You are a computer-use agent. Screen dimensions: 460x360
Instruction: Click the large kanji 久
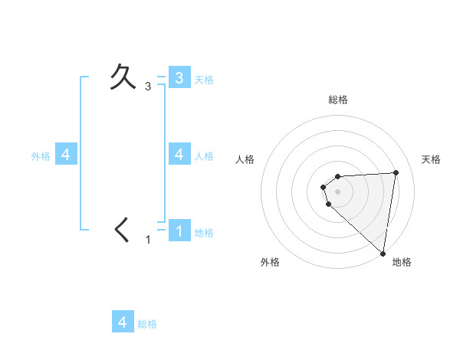click(x=123, y=77)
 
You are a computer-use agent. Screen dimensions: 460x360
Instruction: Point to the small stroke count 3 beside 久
click(x=148, y=87)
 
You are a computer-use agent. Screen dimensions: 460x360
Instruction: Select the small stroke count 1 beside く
click(x=149, y=240)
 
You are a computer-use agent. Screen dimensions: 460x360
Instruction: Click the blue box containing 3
click(x=179, y=77)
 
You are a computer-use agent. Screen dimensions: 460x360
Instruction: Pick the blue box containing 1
click(x=179, y=231)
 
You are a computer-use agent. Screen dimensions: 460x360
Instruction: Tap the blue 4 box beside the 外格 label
click(x=65, y=154)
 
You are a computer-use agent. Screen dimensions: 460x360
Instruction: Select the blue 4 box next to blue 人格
click(x=179, y=154)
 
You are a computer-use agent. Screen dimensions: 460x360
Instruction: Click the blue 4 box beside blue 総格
click(x=123, y=322)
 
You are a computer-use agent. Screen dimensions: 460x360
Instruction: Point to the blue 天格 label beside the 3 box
click(x=204, y=79)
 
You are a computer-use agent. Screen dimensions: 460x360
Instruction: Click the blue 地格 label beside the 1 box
click(x=204, y=233)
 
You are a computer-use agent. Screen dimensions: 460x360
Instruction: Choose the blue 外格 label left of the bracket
click(x=41, y=155)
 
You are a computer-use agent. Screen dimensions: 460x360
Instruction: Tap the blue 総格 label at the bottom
click(x=147, y=323)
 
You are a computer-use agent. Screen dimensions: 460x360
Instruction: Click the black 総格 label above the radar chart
click(x=338, y=100)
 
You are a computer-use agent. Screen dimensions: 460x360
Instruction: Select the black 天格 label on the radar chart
click(x=431, y=159)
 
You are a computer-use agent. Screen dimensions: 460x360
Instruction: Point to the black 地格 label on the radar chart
click(x=402, y=262)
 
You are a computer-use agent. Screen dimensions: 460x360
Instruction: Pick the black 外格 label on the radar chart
click(x=270, y=262)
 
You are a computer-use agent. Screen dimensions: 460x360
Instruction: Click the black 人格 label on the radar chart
click(x=245, y=159)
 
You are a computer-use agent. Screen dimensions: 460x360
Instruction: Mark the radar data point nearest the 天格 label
click(x=396, y=172)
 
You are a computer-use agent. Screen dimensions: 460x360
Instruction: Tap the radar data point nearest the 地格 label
click(x=383, y=253)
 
